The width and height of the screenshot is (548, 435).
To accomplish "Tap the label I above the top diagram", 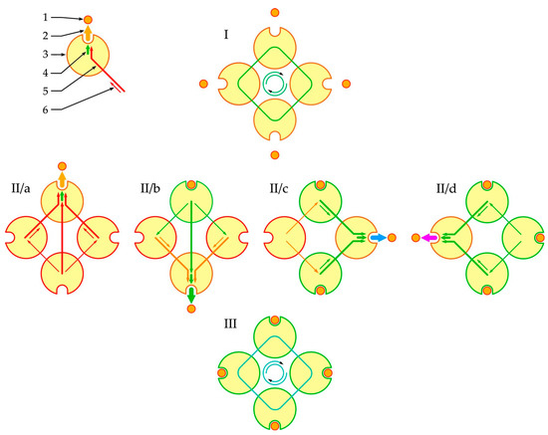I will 227,35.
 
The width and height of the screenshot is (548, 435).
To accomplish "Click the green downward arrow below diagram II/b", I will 191,295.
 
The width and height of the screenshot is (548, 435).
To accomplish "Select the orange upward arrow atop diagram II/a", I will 64,180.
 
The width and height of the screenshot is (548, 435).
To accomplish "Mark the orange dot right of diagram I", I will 346,84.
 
